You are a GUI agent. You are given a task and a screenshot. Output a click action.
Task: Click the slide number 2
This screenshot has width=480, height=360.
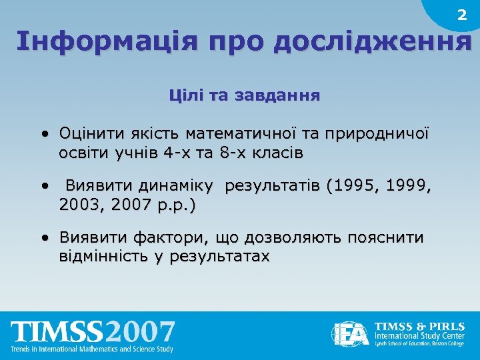coord(461,15)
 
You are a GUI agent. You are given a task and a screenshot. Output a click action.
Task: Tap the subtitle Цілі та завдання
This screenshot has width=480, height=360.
coord(244,96)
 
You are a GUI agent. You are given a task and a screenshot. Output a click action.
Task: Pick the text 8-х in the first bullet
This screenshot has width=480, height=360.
coord(241,153)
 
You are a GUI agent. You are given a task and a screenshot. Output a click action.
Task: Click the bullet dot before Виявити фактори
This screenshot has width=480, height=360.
coord(43,237)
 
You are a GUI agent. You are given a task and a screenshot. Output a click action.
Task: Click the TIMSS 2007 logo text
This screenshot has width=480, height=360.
coord(93,332)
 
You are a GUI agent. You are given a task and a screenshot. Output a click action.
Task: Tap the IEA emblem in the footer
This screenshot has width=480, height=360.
coord(351,333)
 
